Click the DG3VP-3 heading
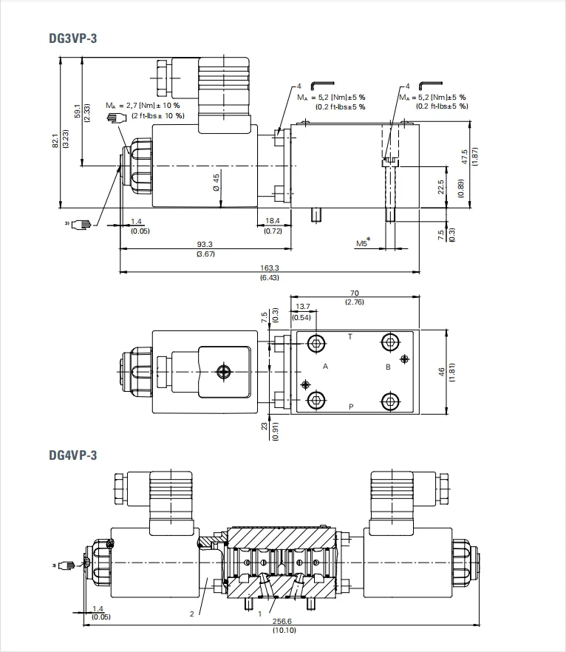click(72, 38)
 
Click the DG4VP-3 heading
click(72, 455)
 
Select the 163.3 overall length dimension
click(269, 268)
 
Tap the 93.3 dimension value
click(205, 245)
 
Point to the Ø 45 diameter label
click(216, 182)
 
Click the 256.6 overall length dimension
click(282, 621)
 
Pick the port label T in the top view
click(350, 336)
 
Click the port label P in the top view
click(351, 407)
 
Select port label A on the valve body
click(325, 367)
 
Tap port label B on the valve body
click(388, 367)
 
